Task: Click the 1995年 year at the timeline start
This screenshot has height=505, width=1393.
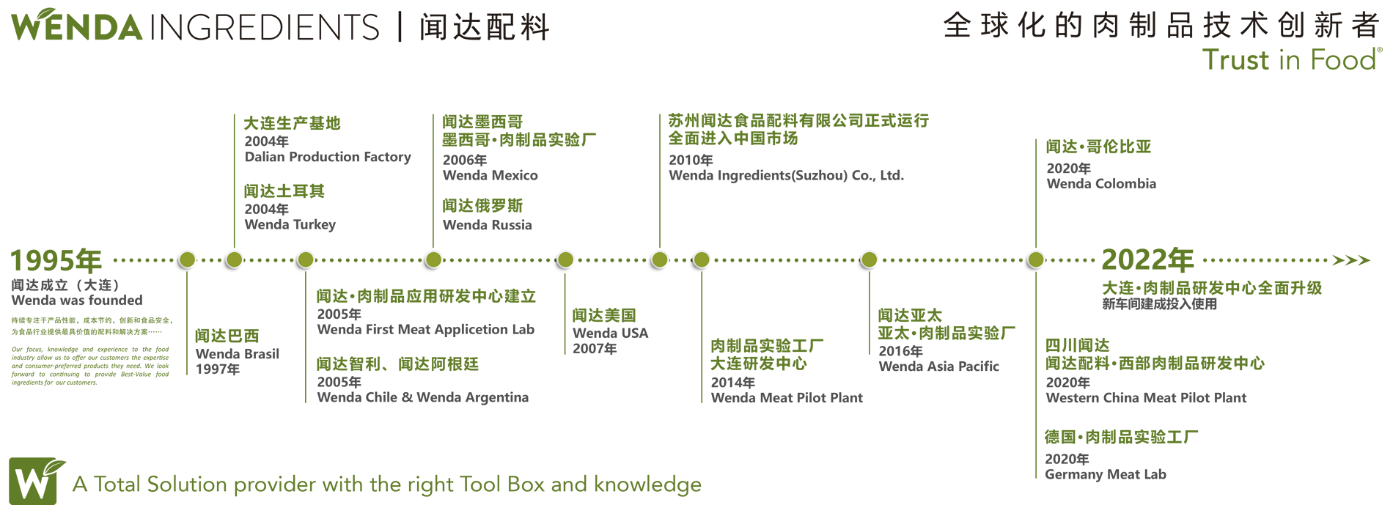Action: [x=56, y=261]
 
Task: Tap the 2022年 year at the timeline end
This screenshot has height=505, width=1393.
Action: [x=1147, y=260]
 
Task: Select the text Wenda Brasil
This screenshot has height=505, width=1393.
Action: [x=238, y=354]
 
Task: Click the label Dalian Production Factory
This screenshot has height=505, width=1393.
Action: [x=327, y=157]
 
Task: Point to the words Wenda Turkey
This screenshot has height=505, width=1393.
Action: [x=290, y=224]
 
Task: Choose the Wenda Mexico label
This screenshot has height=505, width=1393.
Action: [x=490, y=175]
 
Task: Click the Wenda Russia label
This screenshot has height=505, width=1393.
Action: [x=487, y=225]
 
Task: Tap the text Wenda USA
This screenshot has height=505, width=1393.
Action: [x=610, y=333]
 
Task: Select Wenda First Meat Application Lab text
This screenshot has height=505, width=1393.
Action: [x=425, y=329]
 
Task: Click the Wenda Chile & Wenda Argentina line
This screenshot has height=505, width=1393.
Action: [x=422, y=397]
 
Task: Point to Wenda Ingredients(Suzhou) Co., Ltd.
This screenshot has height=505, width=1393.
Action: [x=786, y=175]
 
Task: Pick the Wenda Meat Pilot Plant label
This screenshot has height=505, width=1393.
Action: [x=787, y=398]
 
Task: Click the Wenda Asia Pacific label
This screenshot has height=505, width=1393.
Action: [x=938, y=366]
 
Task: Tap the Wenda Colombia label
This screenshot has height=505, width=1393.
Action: [x=1100, y=183]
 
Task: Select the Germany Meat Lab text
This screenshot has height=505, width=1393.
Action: [x=1105, y=474]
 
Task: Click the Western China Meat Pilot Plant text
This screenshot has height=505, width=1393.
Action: [x=1146, y=398]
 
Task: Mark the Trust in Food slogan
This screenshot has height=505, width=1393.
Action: [x=1290, y=59]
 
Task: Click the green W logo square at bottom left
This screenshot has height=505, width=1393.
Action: [x=33, y=482]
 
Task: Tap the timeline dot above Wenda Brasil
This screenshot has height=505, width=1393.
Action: [x=187, y=259]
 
